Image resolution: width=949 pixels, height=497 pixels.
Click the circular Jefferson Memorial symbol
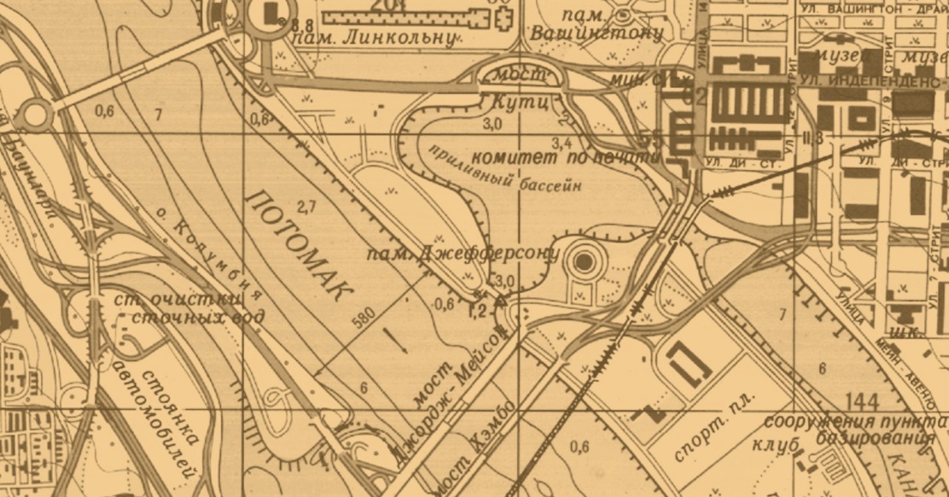coord(585,261)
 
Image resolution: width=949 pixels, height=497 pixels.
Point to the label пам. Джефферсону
coord(462,254)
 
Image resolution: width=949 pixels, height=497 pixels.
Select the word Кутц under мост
coord(515,102)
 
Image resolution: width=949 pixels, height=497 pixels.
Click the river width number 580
coord(364,319)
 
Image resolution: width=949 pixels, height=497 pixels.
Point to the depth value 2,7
coord(307,206)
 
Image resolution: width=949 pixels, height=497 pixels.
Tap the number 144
coord(865,400)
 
